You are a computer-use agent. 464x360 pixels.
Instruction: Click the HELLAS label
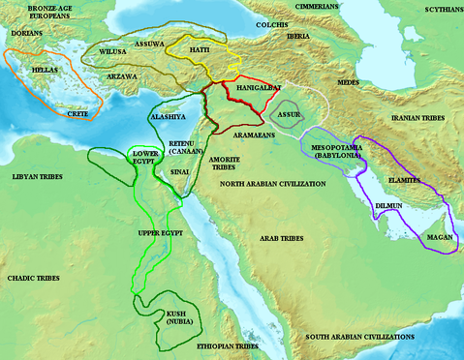coord(45,71)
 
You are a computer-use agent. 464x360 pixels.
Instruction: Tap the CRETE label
coord(78,113)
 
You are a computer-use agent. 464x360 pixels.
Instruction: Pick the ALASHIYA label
coord(167,116)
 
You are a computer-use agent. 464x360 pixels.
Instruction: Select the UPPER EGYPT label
coord(160,233)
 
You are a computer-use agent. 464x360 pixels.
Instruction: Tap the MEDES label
coord(347,82)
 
